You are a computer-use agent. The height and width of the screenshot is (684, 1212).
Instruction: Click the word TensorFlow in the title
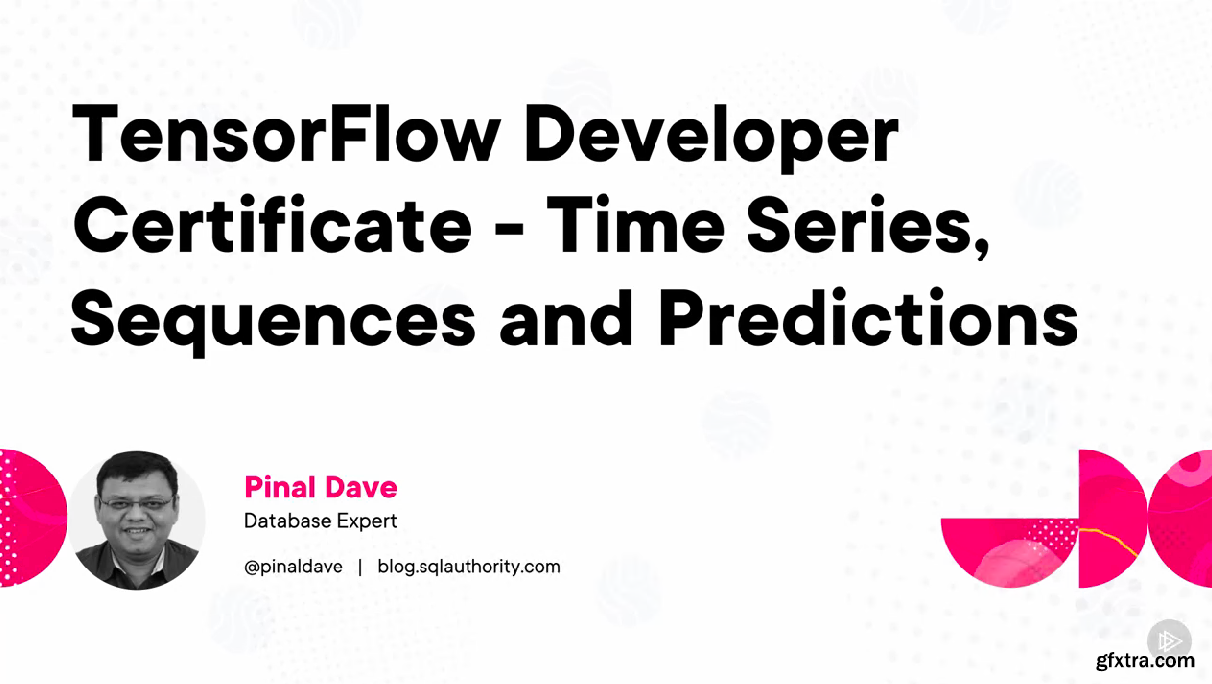point(287,133)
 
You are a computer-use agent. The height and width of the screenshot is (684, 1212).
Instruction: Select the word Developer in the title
point(712,136)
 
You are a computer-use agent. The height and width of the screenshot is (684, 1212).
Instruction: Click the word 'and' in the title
point(567,318)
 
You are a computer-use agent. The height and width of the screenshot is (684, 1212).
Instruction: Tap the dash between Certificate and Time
point(509,230)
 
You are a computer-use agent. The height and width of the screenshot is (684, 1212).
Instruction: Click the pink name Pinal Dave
point(321,487)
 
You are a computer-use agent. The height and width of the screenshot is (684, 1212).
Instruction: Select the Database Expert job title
point(321,521)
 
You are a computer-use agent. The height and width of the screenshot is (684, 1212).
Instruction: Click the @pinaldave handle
point(294,567)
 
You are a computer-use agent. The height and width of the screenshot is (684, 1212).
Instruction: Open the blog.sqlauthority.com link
point(470,567)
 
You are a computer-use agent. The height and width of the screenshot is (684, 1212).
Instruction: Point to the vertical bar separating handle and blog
point(360,567)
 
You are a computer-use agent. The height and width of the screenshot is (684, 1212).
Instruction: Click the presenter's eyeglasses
point(136,504)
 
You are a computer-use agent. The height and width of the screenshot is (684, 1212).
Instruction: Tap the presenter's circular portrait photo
point(137,520)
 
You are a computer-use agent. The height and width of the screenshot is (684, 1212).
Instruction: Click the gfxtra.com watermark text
point(1145,661)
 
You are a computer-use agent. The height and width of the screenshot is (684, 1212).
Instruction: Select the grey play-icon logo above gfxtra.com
point(1169,641)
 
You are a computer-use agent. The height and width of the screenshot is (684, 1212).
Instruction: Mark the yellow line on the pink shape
point(1107,541)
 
